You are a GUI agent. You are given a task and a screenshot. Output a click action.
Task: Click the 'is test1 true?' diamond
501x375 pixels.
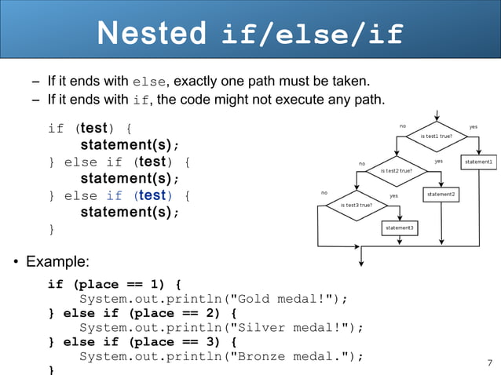(436, 137)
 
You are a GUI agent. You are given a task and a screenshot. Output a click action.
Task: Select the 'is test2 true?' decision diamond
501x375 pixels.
(396, 169)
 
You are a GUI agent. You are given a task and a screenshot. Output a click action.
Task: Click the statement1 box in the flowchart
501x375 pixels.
(478, 162)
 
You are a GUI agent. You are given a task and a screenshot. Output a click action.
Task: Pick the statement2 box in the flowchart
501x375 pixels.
(441, 194)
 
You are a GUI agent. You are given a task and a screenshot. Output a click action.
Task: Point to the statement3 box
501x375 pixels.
(400, 228)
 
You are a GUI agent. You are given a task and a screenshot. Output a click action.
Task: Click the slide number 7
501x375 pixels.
(490, 362)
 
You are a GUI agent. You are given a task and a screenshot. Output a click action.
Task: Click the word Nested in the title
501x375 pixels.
(152, 34)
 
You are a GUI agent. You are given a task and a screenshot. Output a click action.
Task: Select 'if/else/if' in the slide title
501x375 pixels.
(313, 35)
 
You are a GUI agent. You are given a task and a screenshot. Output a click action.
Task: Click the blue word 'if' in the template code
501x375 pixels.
(115, 195)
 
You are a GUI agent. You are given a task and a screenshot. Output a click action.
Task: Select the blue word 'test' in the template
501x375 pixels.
(152, 195)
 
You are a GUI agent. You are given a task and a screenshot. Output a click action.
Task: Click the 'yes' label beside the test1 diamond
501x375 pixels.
(473, 126)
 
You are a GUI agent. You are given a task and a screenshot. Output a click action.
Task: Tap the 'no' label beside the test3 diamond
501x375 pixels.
(324, 192)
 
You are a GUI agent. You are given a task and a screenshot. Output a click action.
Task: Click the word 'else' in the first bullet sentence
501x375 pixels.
(149, 81)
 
